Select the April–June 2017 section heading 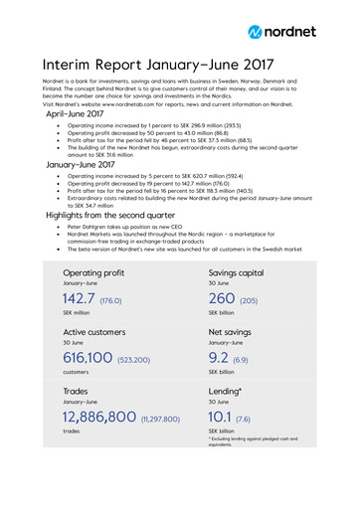pyautogui.click(x=76, y=114)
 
